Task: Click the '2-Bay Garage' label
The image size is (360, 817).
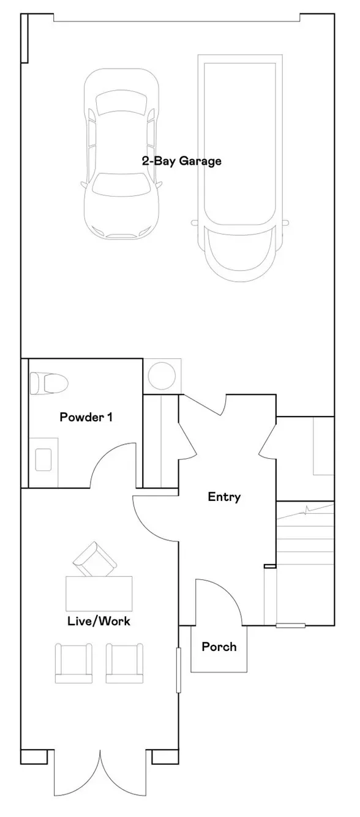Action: [182, 161]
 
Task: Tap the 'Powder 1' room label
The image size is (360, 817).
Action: [86, 417]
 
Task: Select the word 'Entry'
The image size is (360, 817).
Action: [224, 497]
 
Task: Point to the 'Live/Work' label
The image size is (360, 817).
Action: [99, 621]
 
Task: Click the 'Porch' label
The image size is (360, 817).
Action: [219, 647]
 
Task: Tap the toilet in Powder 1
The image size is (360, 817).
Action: [49, 383]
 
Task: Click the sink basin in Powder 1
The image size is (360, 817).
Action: [43, 459]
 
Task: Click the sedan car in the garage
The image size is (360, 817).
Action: [121, 154]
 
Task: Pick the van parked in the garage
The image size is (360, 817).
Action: [241, 168]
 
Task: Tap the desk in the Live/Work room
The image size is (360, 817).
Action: [99, 593]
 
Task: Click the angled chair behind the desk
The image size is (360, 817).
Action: [95, 560]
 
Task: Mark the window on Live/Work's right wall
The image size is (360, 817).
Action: [179, 670]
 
